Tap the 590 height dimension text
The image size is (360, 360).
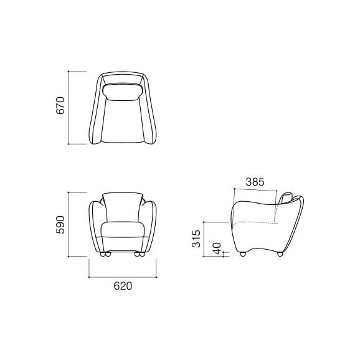pyautogui.click(x=60, y=224)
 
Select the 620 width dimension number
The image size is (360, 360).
pyautogui.click(x=123, y=287)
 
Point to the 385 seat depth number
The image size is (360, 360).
pyautogui.click(x=255, y=182)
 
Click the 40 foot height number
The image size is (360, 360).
pyautogui.click(x=217, y=248)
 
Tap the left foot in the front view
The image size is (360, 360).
pyautogui.click(x=105, y=255)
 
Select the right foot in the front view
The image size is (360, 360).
pyautogui.click(x=140, y=255)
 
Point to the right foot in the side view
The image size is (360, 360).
pyautogui.click(x=280, y=254)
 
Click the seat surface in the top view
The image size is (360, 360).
pyautogui.click(x=123, y=121)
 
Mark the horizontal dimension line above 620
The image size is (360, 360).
pyautogui.click(x=123, y=276)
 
